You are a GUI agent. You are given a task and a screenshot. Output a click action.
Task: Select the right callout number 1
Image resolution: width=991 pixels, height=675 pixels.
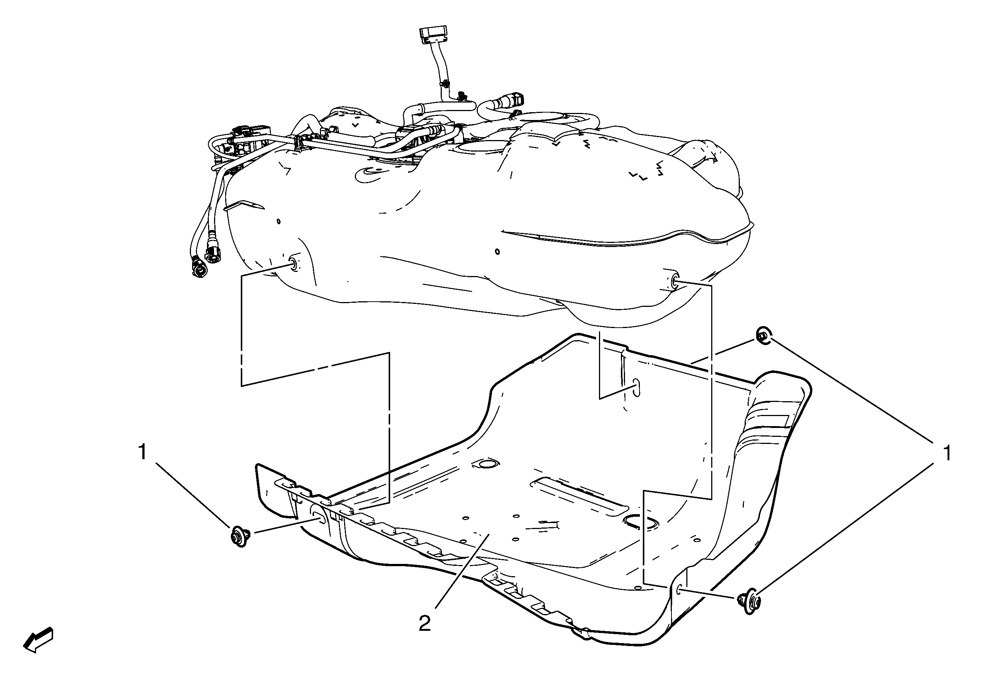point(947,453)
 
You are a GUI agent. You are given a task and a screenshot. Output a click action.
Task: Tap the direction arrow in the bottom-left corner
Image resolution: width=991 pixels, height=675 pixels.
point(38,640)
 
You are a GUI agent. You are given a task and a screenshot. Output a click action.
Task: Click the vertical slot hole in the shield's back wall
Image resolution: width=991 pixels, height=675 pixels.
point(636,387)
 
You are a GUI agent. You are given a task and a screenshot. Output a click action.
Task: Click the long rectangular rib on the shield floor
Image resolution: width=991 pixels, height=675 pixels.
point(579,496)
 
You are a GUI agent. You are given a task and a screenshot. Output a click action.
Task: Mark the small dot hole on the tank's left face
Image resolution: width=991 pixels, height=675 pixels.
point(278,221)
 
